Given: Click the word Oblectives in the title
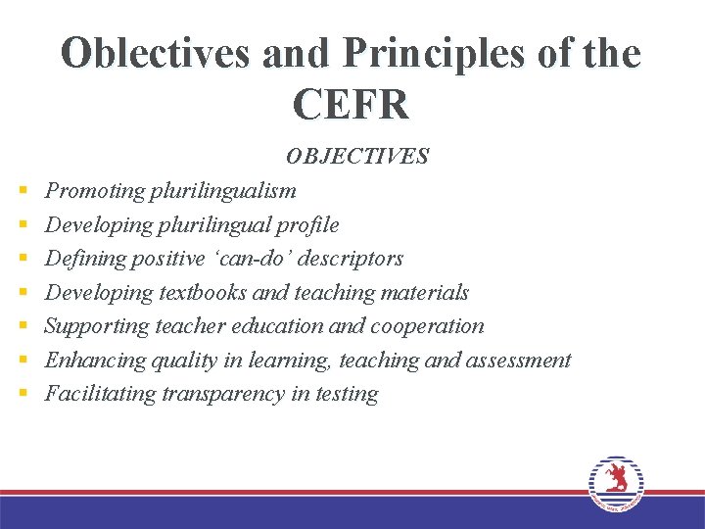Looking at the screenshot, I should coord(156,53).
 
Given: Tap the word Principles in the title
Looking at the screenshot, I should coord(439,53).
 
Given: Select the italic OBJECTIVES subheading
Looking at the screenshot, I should coord(356,157).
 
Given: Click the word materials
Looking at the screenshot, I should coord(426,293).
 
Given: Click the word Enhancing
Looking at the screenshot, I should coord(95,361).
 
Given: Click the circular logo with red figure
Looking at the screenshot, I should coord(616,483).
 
